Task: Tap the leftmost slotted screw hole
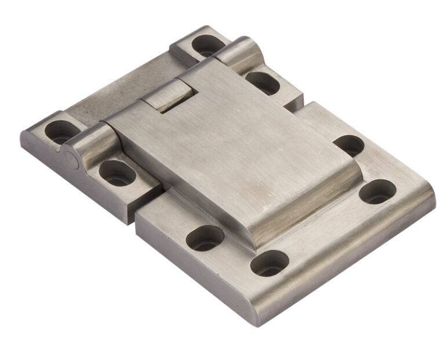pos(60,132)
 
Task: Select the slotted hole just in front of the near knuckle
pos(116,173)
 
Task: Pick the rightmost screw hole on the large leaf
pos(377,191)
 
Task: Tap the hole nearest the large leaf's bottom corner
pos(269,263)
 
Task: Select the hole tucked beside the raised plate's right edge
pos(349,146)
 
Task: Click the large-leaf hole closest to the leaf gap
pos(205,238)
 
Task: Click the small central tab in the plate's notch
pos(167,94)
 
